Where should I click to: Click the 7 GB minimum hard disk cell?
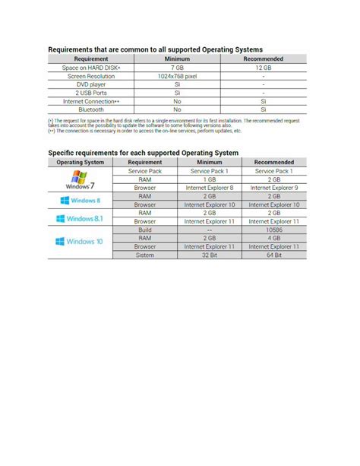[177, 68]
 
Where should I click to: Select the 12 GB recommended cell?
[263, 68]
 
